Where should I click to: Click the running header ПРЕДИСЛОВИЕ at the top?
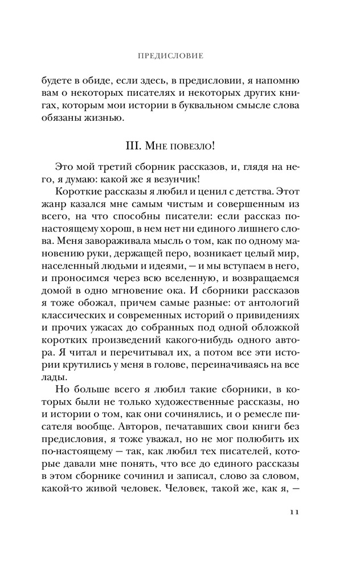tap(171, 56)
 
